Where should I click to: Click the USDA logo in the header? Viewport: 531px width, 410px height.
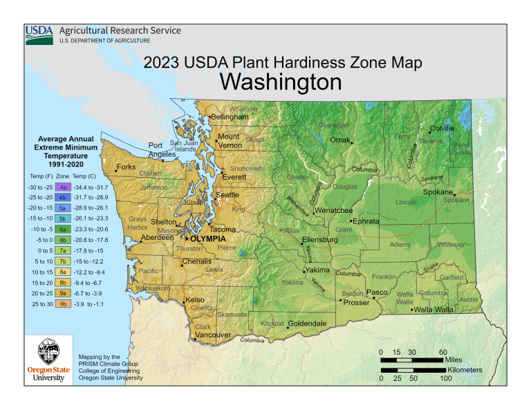tap(40, 35)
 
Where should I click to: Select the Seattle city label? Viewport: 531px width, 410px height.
tap(227, 195)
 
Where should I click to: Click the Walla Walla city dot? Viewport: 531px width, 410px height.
tap(412, 310)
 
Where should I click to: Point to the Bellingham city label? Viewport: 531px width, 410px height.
tap(229, 117)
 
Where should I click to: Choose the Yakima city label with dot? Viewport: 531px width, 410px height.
tap(317, 270)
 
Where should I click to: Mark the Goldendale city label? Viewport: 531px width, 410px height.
tap(307, 324)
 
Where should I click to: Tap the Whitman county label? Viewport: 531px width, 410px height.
tap(450, 244)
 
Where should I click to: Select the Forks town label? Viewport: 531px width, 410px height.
tap(127, 167)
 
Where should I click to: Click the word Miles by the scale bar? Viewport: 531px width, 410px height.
tap(454, 360)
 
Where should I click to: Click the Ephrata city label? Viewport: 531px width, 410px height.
tap(366, 221)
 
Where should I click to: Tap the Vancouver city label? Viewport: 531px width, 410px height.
tap(212, 335)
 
